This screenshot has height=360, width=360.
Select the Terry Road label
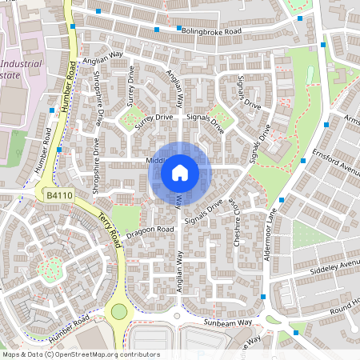point(108,227)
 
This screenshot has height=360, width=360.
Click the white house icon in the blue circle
point(180,173)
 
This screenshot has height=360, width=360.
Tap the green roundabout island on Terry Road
point(118,311)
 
